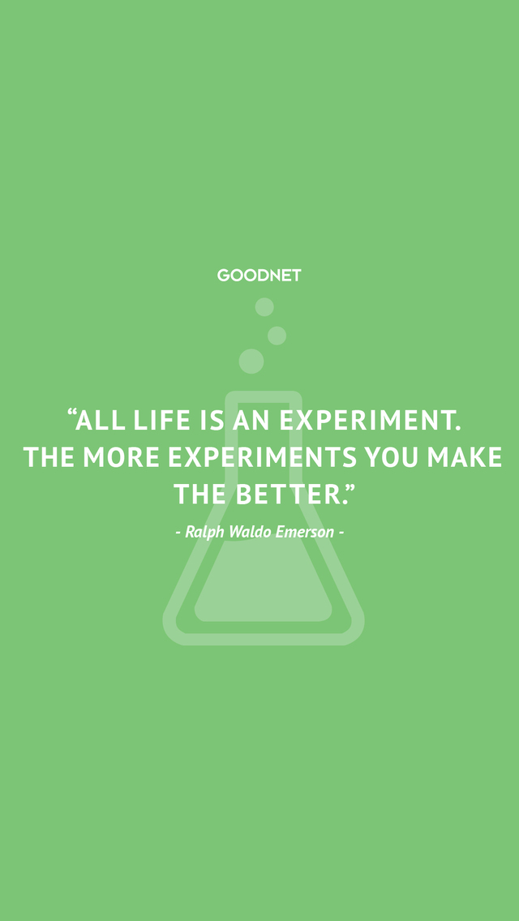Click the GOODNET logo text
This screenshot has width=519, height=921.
(x=259, y=275)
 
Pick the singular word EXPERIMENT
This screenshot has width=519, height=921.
(x=369, y=420)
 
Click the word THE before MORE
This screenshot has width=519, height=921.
(x=49, y=457)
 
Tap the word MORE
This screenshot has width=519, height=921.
(x=122, y=457)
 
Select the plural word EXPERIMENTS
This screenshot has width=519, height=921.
(x=263, y=457)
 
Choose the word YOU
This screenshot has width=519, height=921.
(x=391, y=457)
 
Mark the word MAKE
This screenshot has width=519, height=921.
(x=465, y=457)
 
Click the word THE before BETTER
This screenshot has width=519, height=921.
(x=199, y=495)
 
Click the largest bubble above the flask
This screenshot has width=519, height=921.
(x=251, y=362)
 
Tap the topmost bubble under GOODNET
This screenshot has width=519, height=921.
(x=264, y=306)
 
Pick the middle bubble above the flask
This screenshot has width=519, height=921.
(x=277, y=336)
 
